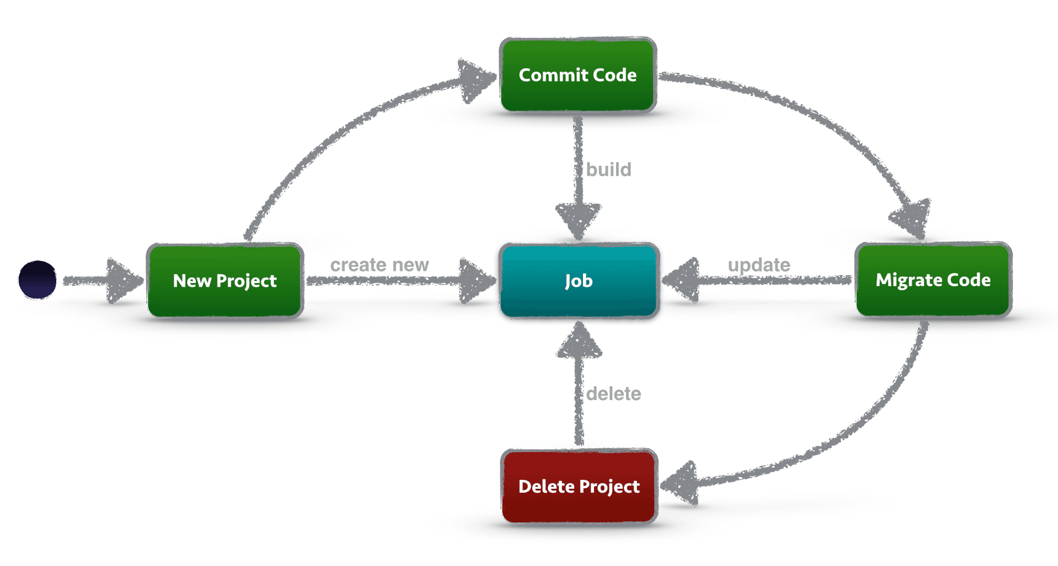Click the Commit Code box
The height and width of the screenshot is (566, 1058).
577,75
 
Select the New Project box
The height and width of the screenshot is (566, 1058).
225,281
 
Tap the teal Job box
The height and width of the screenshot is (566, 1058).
579,281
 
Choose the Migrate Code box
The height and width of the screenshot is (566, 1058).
933,280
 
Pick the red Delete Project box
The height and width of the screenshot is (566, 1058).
579,486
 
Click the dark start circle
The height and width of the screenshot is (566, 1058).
37,280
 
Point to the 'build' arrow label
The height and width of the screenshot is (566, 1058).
608,169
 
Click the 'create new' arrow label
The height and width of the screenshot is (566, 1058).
379,265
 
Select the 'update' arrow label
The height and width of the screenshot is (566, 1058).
759,265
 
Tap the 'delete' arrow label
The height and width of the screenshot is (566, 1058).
613,394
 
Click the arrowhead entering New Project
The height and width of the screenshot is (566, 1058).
124,281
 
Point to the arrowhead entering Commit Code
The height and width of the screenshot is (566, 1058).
475,80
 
